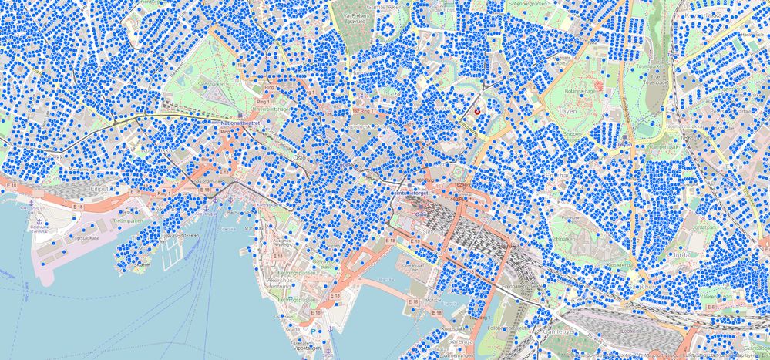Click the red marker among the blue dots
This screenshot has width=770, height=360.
(x=478, y=111)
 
